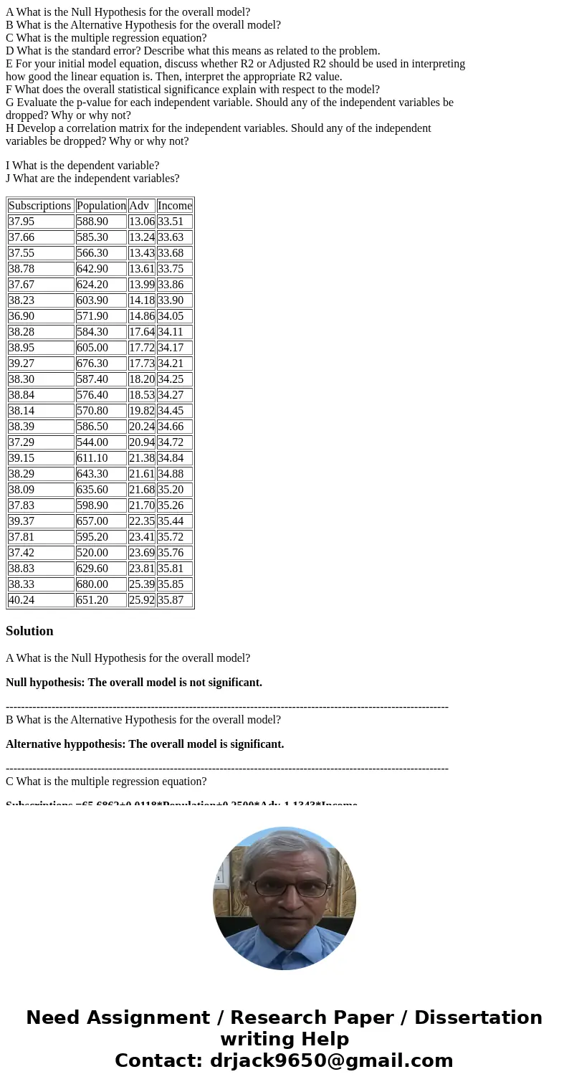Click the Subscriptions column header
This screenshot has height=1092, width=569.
point(40,206)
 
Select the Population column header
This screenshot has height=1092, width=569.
point(101,206)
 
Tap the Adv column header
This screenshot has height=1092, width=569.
point(141,206)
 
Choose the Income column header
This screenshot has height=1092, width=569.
point(175,206)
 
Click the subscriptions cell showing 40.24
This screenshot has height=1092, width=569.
point(40,600)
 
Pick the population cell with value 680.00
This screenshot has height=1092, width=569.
point(101,584)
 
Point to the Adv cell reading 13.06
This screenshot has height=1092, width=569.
point(141,222)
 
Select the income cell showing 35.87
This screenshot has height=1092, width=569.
point(175,600)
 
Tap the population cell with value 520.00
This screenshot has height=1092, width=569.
point(101,553)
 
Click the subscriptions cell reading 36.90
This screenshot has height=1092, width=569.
point(40,316)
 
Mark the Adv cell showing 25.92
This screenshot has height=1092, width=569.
point(141,600)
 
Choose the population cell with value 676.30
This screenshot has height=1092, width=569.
point(101,364)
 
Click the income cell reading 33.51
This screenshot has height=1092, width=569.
point(175,222)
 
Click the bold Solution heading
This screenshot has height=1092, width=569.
point(29,631)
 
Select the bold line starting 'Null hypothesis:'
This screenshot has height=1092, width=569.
point(134,683)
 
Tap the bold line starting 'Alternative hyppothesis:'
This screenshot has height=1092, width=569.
point(145,744)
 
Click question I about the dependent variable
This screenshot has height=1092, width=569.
point(82,166)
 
